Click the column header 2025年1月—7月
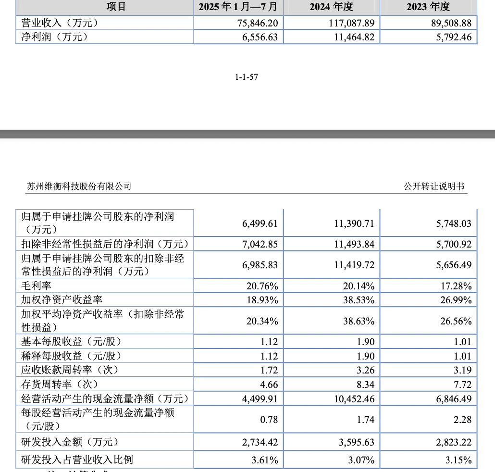tap(238, 7)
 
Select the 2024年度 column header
tap(331, 7)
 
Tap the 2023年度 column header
tap(428, 7)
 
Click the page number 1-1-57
tap(247, 77)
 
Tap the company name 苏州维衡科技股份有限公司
tap(79, 186)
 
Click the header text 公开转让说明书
tap(434, 186)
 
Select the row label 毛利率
tap(37, 286)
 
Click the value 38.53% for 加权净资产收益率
tap(359, 300)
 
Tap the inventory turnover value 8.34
tap(365, 384)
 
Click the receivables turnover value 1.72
tap(269, 370)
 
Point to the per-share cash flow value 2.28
tap(463, 420)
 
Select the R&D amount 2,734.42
tap(260, 442)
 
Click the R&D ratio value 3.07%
tap(361, 460)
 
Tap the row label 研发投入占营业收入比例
tap(77, 460)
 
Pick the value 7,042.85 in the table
tap(260, 244)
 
